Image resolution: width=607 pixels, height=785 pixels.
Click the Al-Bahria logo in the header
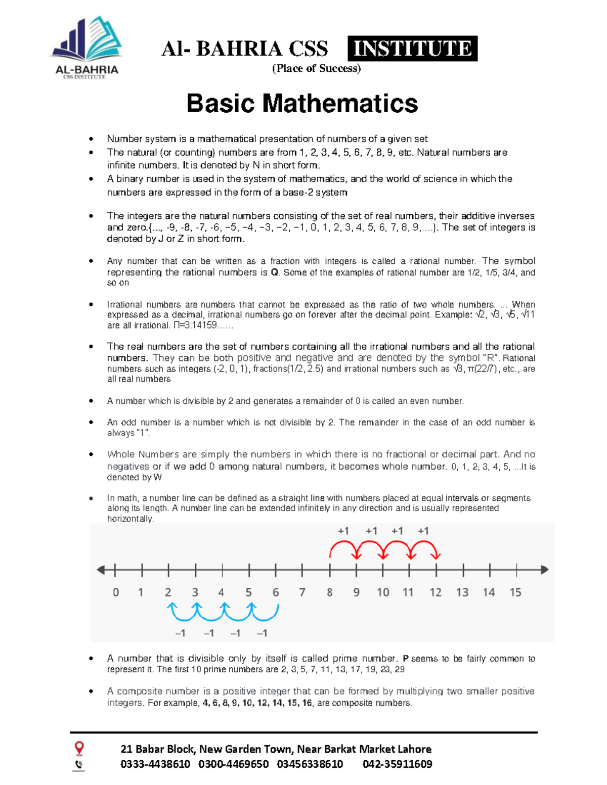click(86, 48)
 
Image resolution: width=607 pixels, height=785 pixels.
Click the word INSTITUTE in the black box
click(412, 49)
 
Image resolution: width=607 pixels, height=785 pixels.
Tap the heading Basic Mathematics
click(302, 104)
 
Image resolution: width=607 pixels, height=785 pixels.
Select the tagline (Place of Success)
click(316, 69)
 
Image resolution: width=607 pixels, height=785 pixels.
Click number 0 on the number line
click(116, 592)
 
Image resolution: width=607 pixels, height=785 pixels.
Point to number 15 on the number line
click(515, 592)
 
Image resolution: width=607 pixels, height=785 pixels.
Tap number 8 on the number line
click(329, 592)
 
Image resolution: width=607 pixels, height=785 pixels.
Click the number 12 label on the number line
click(436, 592)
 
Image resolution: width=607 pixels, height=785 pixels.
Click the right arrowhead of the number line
click(544, 570)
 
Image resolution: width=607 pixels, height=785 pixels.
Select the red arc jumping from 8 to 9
click(343, 546)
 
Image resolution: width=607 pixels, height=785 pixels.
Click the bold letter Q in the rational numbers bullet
click(275, 272)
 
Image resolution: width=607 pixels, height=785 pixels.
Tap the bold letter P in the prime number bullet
click(405, 659)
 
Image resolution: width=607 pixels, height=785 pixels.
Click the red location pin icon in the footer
click(79, 748)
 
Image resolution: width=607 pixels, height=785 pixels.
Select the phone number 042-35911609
click(397, 764)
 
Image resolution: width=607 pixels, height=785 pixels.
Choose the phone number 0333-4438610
click(155, 764)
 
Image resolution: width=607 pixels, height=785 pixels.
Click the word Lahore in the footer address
click(414, 749)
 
